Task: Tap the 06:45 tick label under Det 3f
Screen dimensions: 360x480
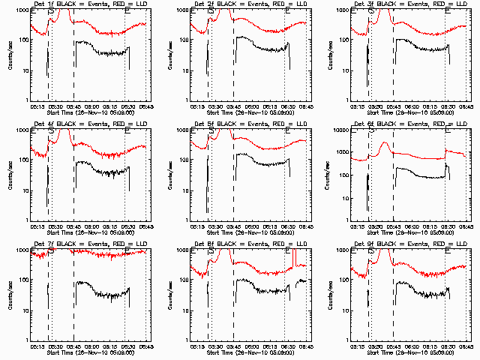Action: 466,106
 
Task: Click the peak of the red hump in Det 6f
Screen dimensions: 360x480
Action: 385,142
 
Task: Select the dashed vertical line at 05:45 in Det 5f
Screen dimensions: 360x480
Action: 233,172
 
